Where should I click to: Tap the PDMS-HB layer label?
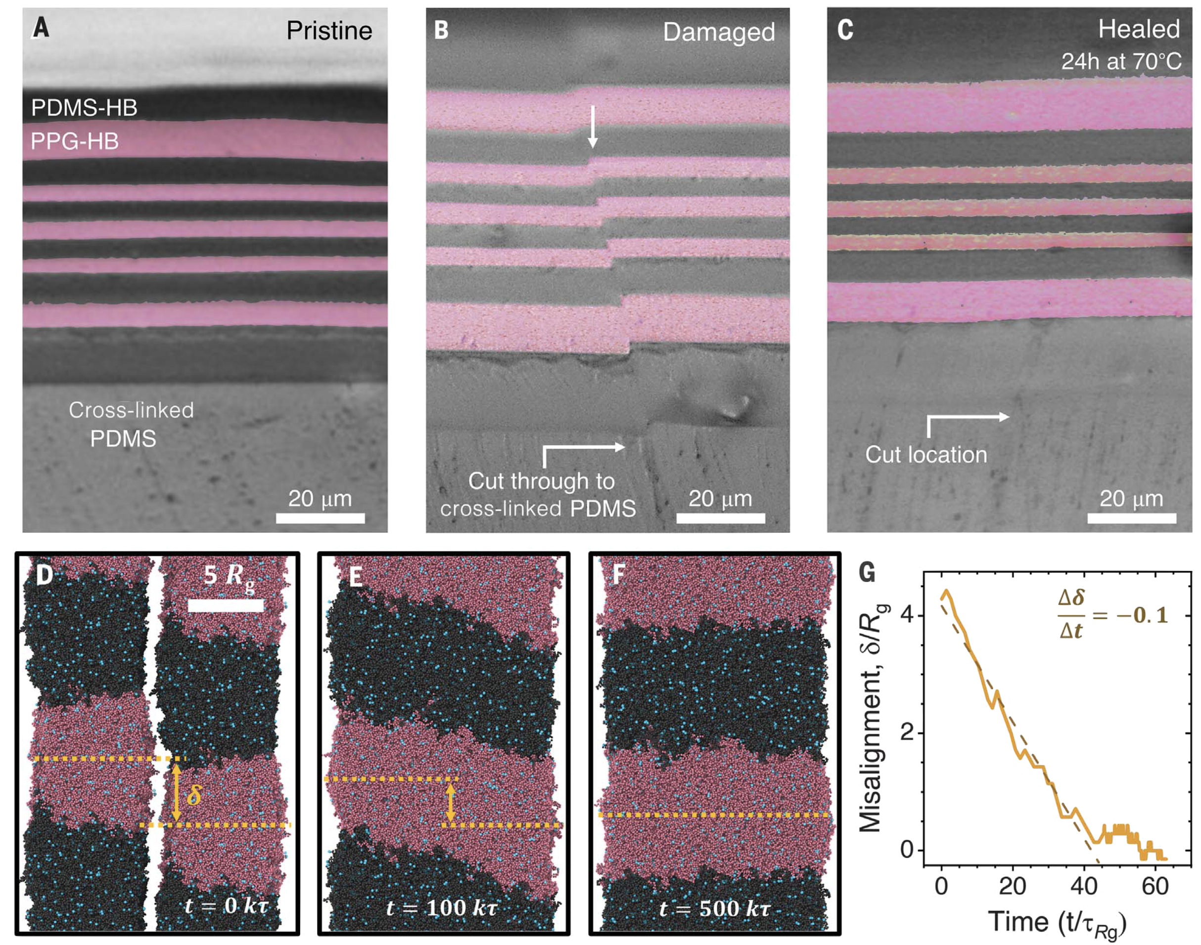(84, 107)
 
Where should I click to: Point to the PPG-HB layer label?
(75, 142)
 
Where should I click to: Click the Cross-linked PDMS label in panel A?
(131, 425)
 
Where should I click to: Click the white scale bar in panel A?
(320, 518)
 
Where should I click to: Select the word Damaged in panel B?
(719, 33)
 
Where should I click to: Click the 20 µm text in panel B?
(720, 499)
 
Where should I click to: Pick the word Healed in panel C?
(1139, 29)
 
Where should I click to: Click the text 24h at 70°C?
(1121, 61)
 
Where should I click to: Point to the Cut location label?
(926, 454)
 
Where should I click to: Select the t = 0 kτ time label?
(228, 907)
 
